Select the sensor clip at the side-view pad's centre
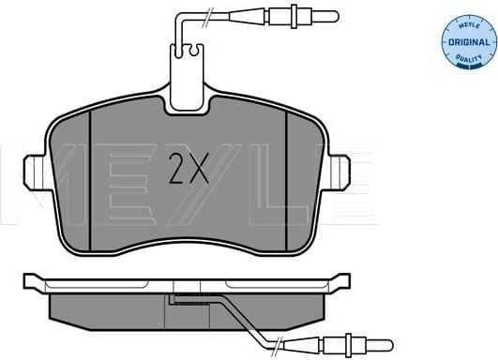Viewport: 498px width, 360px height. (184, 301)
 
